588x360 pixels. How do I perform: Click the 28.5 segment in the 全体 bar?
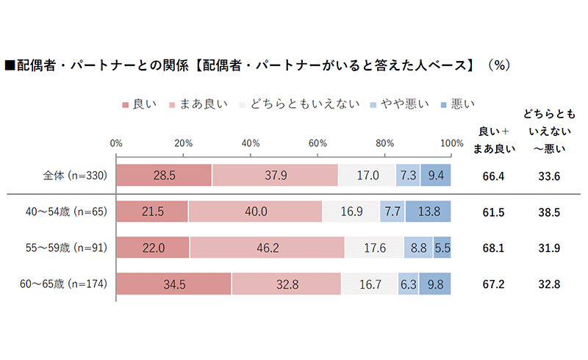[163, 176]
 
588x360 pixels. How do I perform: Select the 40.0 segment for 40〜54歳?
[255, 212]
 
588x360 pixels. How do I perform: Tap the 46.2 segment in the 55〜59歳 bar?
[267, 248]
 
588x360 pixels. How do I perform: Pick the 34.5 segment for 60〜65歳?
[173, 284]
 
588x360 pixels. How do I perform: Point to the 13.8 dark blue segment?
[428, 212]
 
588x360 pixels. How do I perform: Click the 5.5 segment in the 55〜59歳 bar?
[442, 248]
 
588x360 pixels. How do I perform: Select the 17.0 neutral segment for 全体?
[367, 176]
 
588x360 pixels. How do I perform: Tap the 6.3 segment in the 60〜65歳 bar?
[408, 284]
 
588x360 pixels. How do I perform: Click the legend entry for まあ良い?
[196, 104]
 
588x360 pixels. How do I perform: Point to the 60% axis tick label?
[318, 143]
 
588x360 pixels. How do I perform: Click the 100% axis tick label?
[451, 143]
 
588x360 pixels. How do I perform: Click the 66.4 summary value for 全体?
[497, 176]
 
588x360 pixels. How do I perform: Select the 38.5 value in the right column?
[550, 212]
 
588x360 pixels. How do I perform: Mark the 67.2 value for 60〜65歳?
[497, 284]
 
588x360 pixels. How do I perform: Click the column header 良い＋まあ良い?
[497, 139]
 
